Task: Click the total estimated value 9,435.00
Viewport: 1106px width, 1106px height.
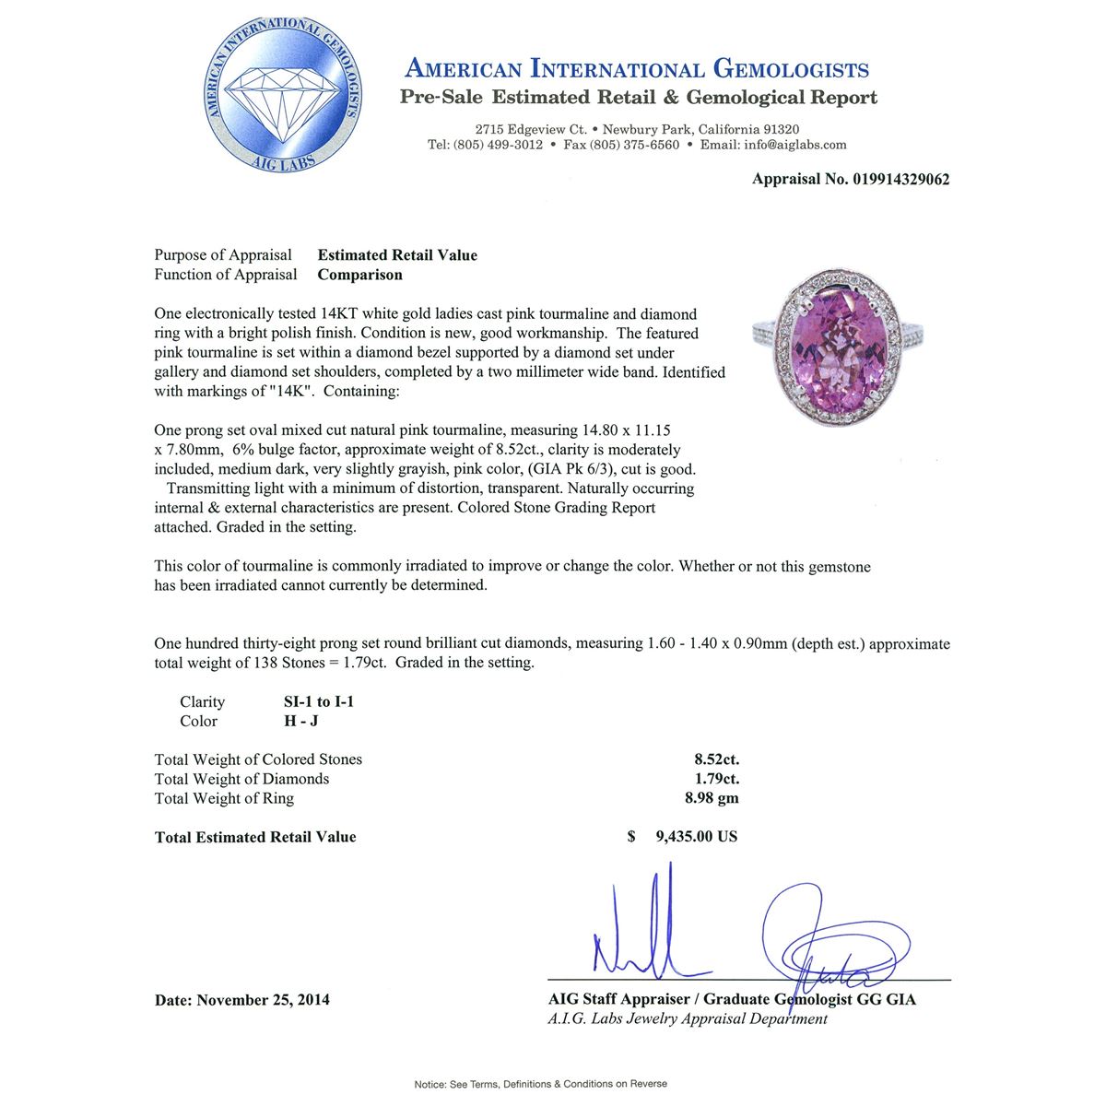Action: coord(696,837)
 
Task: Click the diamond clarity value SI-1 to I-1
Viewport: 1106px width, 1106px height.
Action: coord(319,701)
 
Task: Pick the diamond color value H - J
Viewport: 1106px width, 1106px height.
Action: coord(300,721)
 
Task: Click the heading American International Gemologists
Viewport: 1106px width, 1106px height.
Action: coord(637,69)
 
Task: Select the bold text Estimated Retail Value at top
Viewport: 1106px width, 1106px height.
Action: coord(397,255)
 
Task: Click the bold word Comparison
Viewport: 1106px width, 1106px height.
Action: coord(359,275)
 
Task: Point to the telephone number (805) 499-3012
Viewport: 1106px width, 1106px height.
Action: coord(499,145)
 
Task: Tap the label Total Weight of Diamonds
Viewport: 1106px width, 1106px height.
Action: coord(241,779)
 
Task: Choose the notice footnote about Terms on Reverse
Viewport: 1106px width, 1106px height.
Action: coord(540,1084)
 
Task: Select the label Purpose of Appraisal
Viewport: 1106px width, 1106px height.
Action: coord(223,255)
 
